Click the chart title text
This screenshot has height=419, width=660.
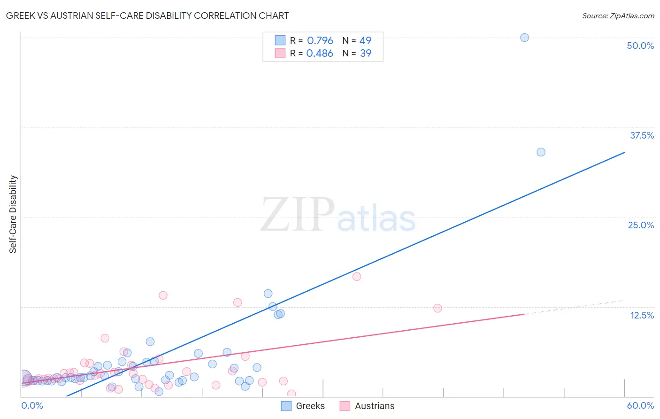click(x=147, y=16)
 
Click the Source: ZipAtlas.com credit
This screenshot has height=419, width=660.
click(x=618, y=16)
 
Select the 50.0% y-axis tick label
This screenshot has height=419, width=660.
click(x=640, y=46)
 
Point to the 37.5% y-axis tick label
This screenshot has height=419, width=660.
click(x=642, y=135)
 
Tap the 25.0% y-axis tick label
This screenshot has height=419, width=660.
click(x=641, y=225)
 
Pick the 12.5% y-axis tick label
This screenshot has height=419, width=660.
click(x=642, y=315)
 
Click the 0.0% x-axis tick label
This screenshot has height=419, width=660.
click(x=32, y=405)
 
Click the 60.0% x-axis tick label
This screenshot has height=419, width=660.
click(x=640, y=405)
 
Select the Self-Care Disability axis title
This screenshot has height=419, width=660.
click(x=13, y=214)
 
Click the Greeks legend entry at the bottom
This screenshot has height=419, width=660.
click(x=310, y=406)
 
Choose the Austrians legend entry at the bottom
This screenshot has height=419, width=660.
click(x=374, y=406)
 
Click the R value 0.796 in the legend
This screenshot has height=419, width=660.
click(x=320, y=41)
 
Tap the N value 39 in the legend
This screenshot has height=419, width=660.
click(x=365, y=54)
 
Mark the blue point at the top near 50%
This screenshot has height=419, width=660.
click(x=524, y=38)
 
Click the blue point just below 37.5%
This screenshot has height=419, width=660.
click(x=541, y=152)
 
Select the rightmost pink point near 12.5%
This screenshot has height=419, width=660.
click(x=437, y=308)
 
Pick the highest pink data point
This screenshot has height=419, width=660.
click(x=357, y=277)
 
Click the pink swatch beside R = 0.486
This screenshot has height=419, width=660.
click(x=280, y=53)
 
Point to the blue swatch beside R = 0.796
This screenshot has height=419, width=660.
click(x=280, y=40)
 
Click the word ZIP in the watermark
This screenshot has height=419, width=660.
click(x=298, y=215)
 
